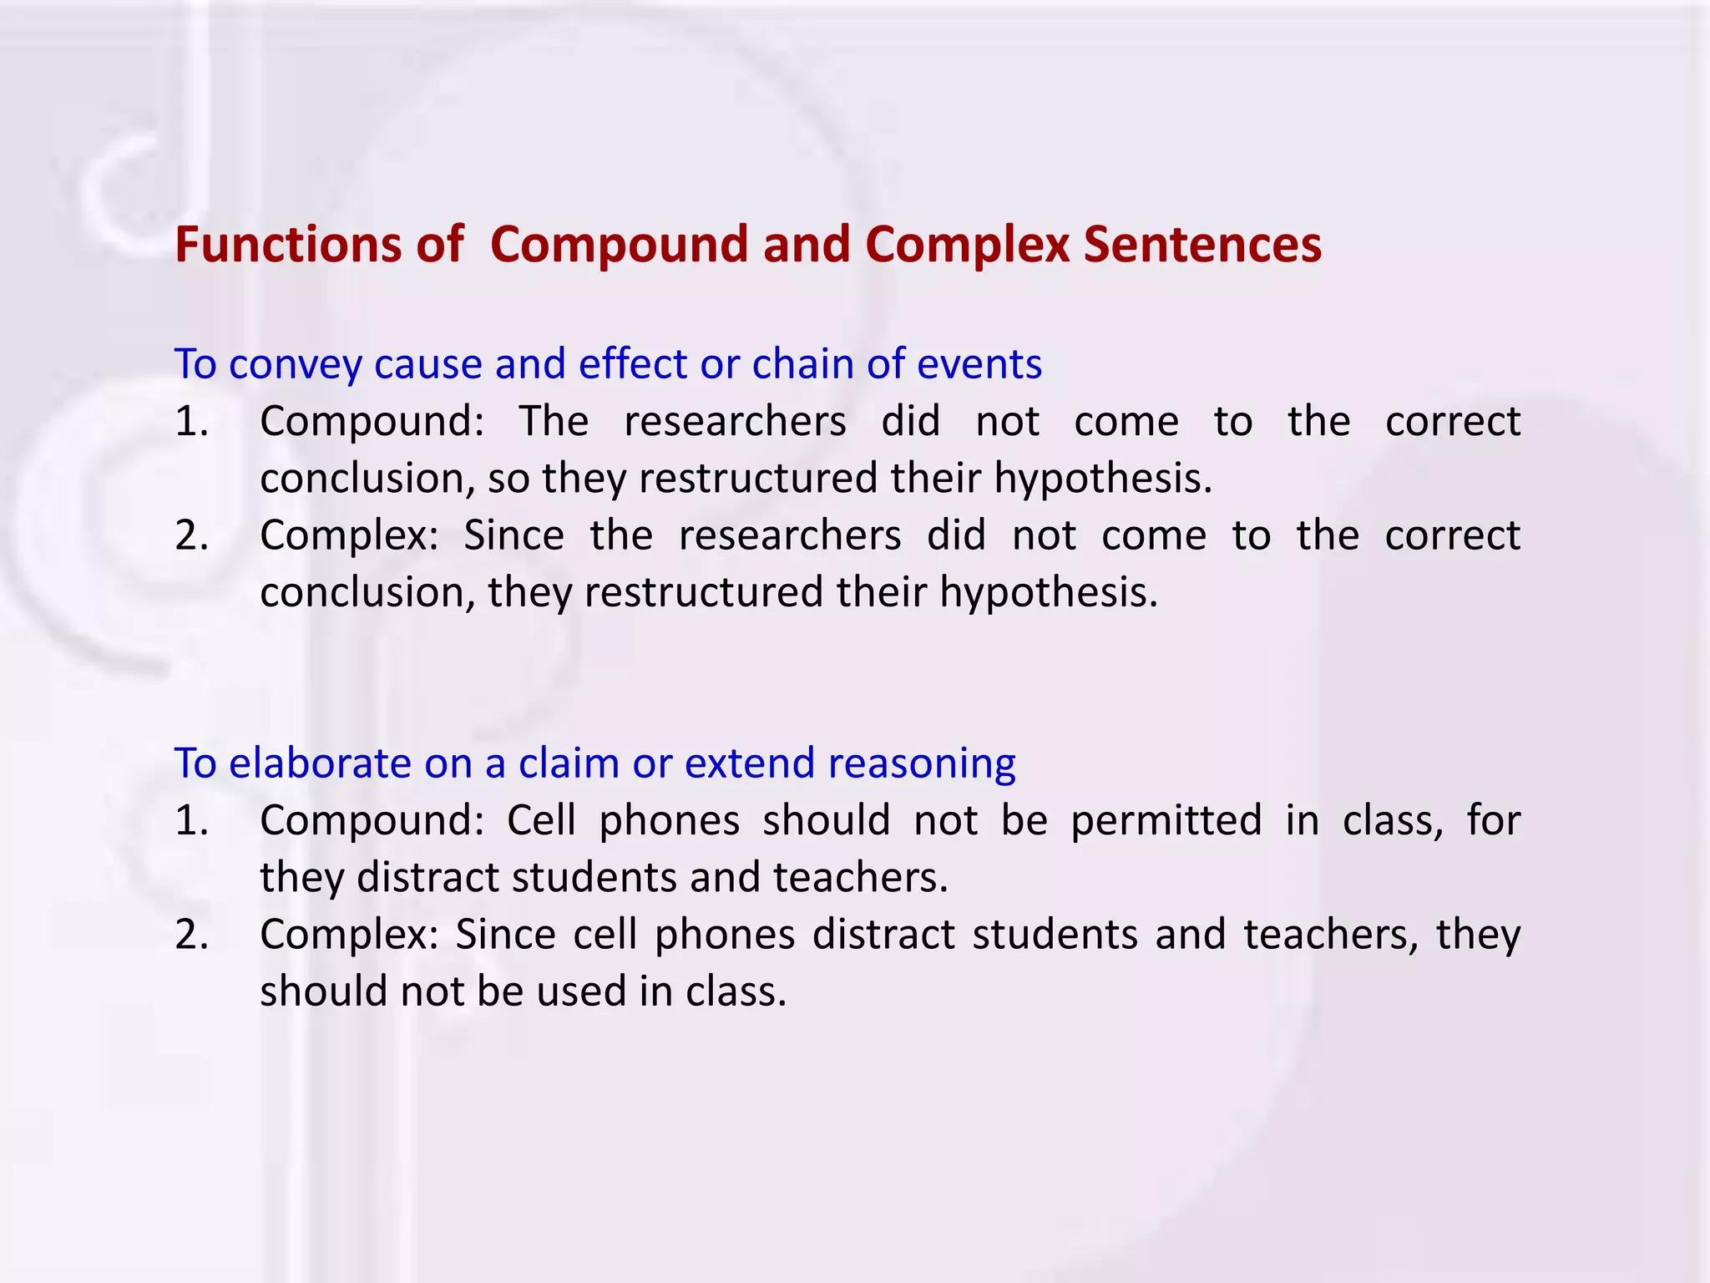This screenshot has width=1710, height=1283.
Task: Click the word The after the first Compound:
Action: click(554, 421)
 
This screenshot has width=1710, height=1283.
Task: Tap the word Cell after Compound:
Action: click(541, 820)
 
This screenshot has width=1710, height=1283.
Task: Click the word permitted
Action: click(1166, 820)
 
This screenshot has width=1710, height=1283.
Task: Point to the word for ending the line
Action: click(1494, 820)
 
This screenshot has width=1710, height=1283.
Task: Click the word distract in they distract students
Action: click(427, 878)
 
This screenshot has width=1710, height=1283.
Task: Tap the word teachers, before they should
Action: click(1331, 935)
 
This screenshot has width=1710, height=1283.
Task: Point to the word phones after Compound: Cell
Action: click(669, 820)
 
